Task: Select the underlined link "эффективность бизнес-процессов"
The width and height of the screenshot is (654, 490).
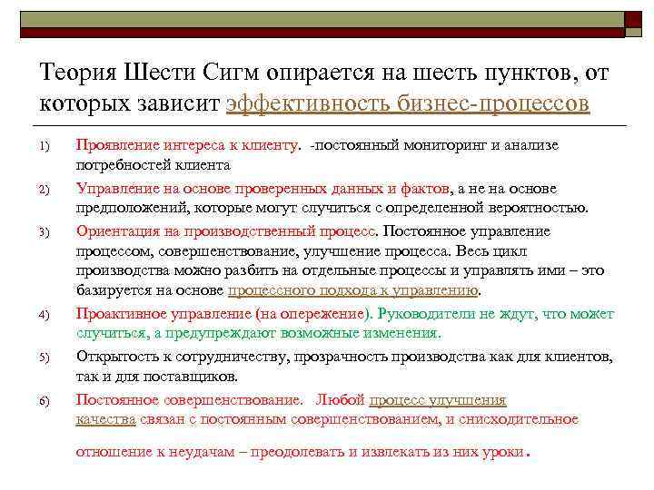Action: [x=408, y=103]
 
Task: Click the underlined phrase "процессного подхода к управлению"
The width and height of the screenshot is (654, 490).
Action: [x=353, y=291]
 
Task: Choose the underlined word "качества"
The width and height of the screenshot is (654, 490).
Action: [x=105, y=418]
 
